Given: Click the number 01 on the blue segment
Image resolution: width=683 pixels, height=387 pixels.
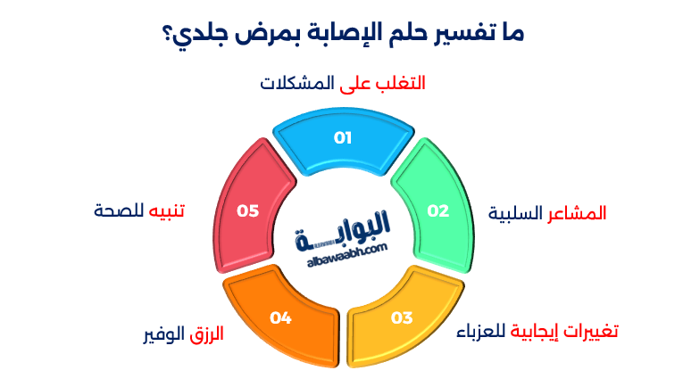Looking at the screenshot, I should pos(343,138).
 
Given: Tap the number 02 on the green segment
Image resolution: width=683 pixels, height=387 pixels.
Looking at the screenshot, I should pos(437,211).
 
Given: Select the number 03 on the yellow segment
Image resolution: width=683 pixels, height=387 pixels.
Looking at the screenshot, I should pos(402,317).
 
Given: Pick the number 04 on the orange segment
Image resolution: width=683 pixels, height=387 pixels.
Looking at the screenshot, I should pos(281,317).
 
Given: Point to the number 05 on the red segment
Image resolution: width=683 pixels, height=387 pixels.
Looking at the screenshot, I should pos(247,211).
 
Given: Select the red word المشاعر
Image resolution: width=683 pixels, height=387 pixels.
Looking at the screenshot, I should pos(579,214).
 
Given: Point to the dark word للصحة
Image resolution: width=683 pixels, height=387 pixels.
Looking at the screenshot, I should pos(117,211).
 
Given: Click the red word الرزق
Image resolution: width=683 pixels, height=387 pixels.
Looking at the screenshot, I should pos(205,334).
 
